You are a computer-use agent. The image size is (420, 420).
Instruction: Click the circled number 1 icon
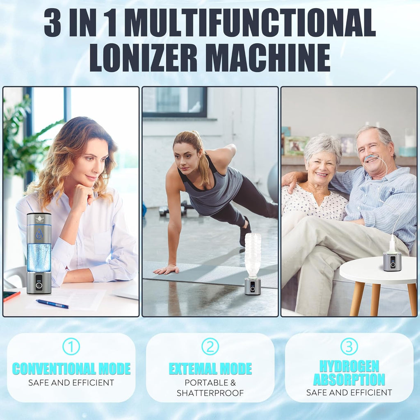point(71,346)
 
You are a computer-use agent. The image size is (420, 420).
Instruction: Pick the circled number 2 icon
point(210,346)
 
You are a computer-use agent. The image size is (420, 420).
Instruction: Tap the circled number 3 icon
point(349,346)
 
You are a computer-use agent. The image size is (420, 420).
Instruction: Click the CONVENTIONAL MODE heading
point(71,369)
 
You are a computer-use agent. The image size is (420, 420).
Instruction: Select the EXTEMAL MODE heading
point(210,369)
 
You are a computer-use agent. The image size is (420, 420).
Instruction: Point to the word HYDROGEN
point(349,366)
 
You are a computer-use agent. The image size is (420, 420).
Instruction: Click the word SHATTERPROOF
point(210,393)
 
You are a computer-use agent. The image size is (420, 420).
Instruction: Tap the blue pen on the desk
point(52,304)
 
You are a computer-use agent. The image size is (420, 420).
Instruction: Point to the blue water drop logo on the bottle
point(39,234)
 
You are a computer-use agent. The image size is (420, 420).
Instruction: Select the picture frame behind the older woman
point(296,146)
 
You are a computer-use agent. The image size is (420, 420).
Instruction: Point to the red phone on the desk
point(11,296)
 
